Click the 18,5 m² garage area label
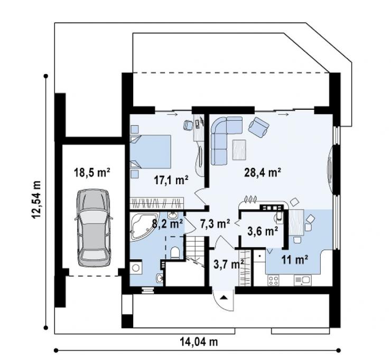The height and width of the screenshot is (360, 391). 92,172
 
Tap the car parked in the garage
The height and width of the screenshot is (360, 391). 94,228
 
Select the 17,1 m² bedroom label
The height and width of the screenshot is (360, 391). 171,179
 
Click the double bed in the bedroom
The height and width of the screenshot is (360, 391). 151,151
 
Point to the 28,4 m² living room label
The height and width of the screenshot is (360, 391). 263,172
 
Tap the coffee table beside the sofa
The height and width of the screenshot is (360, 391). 239,149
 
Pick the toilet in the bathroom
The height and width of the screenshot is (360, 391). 175,253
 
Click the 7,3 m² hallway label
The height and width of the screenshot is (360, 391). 215,224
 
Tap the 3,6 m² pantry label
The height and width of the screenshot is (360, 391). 263,231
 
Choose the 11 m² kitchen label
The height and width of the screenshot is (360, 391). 294,260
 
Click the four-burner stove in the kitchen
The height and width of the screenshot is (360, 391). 274,280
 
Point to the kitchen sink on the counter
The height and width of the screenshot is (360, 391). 302,280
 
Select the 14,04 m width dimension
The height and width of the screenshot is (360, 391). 199,342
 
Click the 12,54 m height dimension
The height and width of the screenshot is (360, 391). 36,200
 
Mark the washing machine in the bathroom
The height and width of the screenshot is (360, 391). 136,268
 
